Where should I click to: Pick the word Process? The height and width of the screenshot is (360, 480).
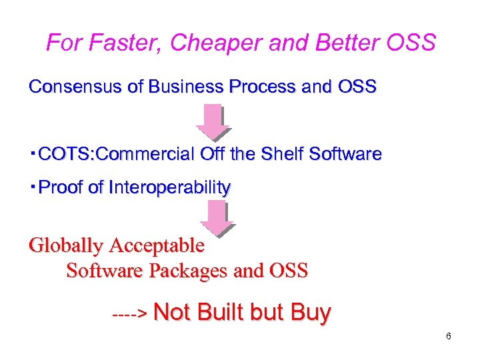click(263, 87)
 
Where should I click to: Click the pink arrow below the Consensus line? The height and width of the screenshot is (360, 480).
click(213, 121)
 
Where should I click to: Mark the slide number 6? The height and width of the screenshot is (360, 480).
click(449, 336)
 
